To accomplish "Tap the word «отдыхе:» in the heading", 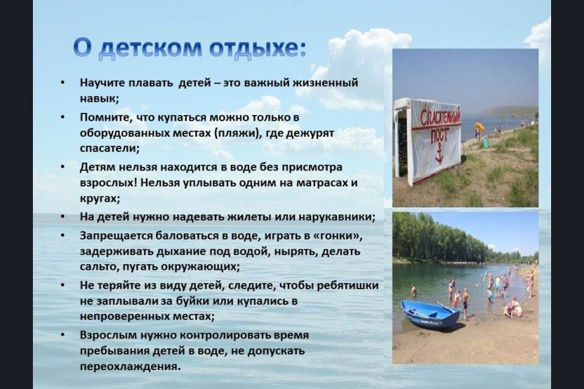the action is (258, 48).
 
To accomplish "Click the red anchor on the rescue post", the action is (439, 152).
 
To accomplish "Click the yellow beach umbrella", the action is (480, 127).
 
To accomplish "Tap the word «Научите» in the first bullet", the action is (102, 83).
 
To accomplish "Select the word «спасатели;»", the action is (109, 149).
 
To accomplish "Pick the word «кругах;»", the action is (100, 198).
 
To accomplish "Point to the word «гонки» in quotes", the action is (340, 236).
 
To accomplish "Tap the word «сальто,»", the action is (99, 266).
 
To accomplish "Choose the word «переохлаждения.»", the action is (130, 367).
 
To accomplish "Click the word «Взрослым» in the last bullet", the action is (108, 335).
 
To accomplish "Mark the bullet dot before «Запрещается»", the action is (62, 236).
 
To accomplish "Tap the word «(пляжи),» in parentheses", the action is (238, 133).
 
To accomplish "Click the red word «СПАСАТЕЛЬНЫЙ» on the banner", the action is (440, 118).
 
